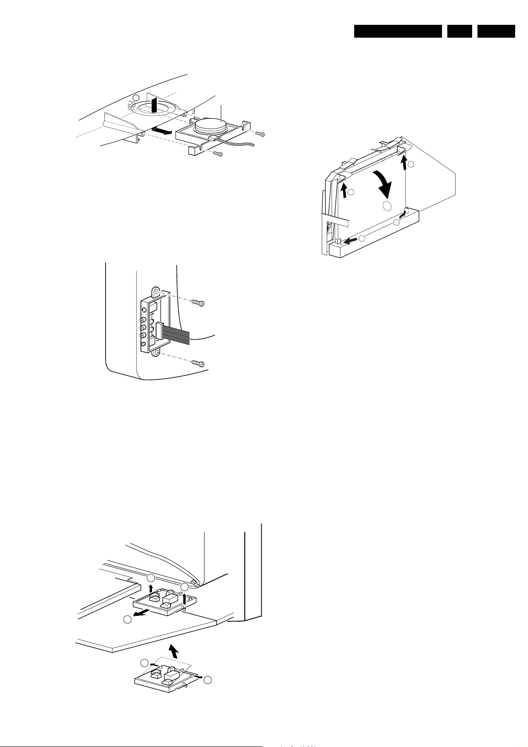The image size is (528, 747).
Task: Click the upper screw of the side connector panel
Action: [x=198, y=303]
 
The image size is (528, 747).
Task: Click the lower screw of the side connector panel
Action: [x=198, y=364]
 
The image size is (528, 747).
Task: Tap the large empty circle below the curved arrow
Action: [x=387, y=205]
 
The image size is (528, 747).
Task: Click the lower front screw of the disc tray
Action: [x=217, y=153]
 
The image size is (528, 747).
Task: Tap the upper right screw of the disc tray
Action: [x=262, y=134]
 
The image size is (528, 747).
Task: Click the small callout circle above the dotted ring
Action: [x=137, y=98]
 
